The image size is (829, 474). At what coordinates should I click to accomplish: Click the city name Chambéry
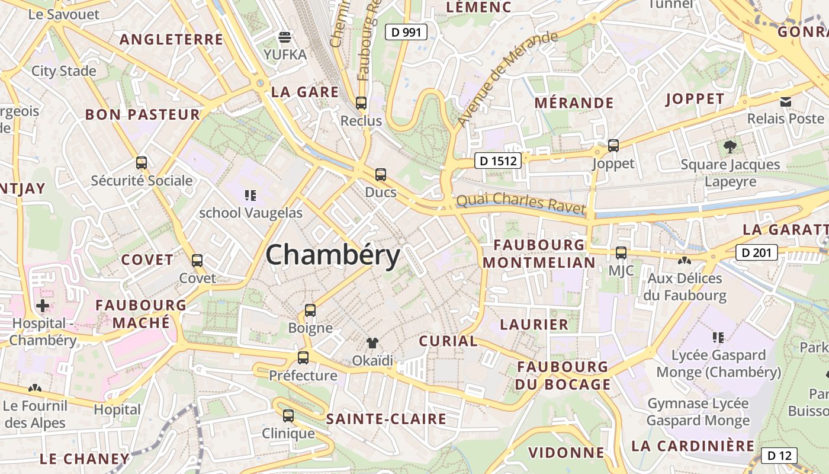[333, 255]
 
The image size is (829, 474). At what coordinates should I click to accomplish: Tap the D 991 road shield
[406, 32]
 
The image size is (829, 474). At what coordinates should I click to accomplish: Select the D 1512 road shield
[497, 160]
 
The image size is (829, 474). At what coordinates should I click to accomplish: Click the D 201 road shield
[756, 253]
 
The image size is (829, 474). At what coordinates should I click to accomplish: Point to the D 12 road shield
[779, 455]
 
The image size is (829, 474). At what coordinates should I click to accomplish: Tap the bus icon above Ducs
[381, 175]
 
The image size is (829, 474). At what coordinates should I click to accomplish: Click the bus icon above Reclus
[361, 103]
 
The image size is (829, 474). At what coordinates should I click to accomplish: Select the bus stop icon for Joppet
[613, 145]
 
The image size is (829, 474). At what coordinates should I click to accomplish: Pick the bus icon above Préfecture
[303, 357]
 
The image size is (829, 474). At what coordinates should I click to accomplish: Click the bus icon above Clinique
[288, 415]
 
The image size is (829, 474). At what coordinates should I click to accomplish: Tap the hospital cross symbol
[43, 306]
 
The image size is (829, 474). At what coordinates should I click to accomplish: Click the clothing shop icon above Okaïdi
[372, 342]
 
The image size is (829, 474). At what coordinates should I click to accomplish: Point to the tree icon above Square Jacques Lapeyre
[730, 146]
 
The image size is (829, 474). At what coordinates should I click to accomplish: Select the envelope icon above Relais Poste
[786, 102]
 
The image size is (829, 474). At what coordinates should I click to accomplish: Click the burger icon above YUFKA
[285, 37]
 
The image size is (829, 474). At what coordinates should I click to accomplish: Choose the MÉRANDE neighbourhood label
[574, 103]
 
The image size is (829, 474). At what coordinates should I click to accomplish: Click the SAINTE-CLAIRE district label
[386, 419]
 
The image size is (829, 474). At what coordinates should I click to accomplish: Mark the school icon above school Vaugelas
[250, 195]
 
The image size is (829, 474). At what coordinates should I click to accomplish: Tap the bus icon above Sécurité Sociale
[142, 162]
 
